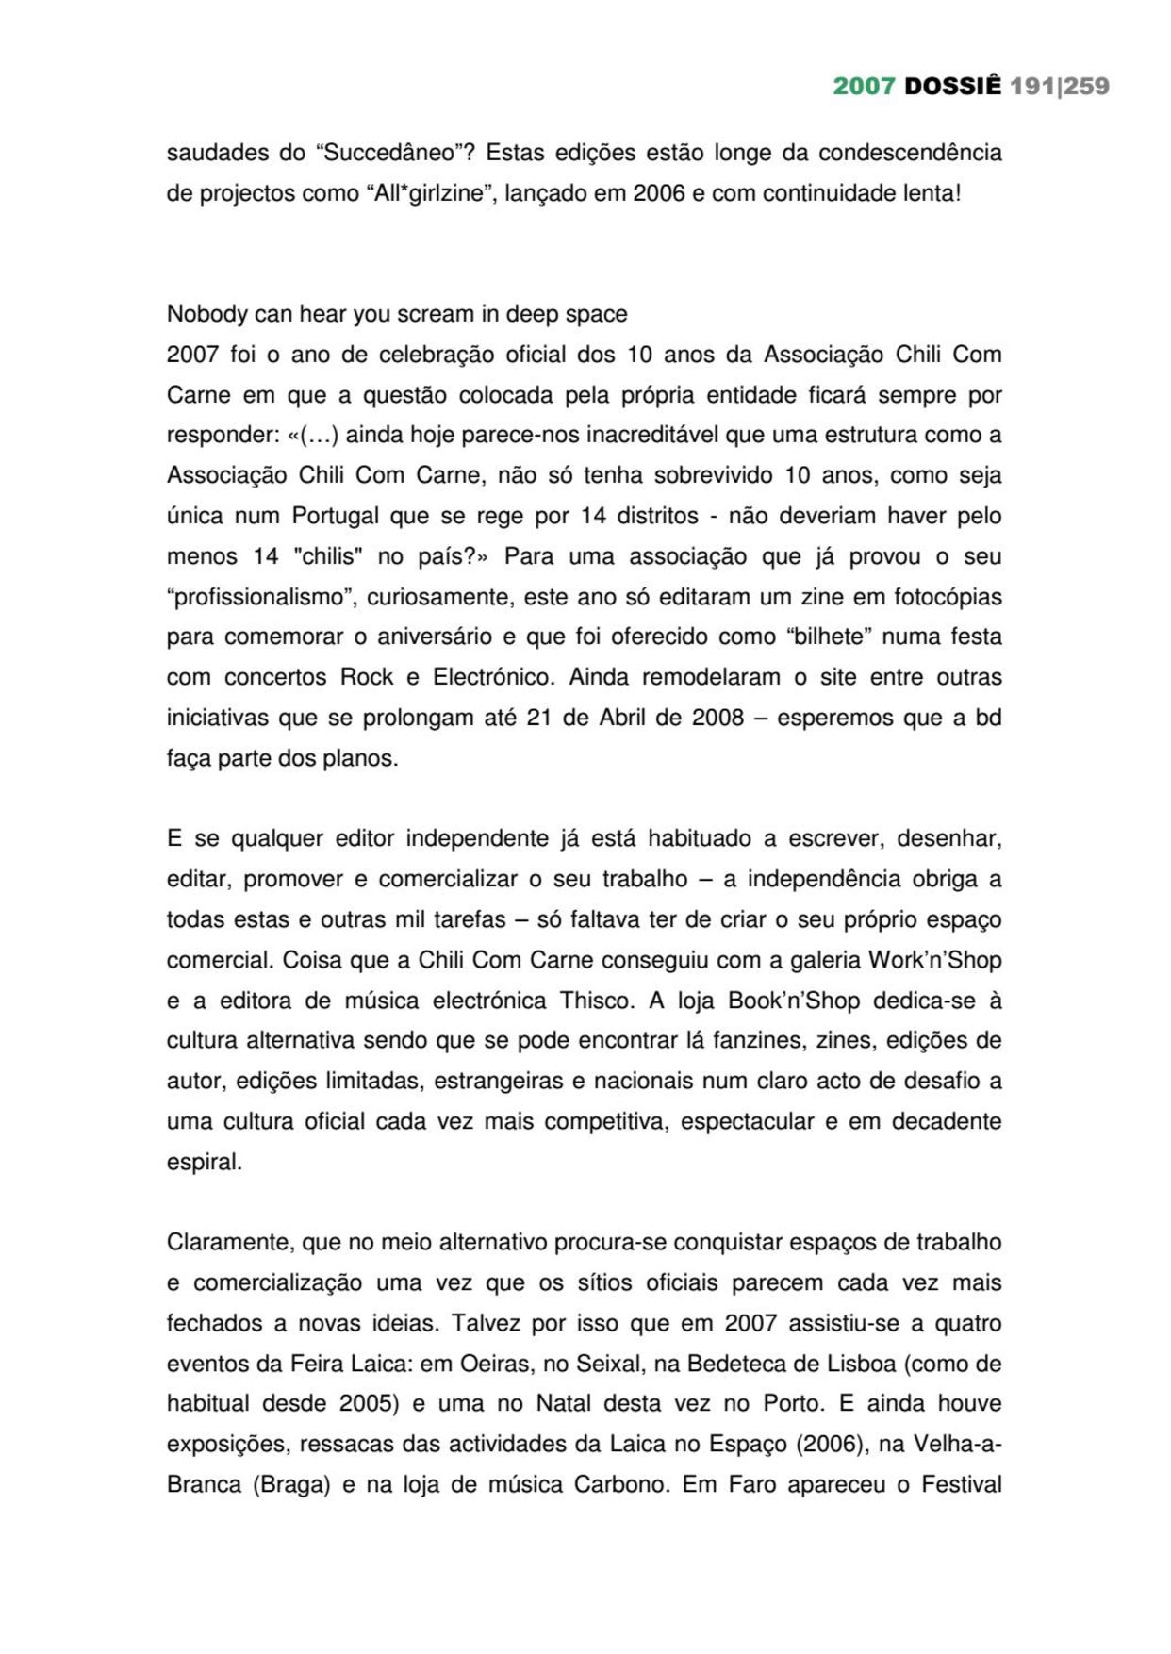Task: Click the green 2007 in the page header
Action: pos(863,86)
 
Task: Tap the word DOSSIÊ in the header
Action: pos(952,86)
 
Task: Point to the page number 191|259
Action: pos(1059,86)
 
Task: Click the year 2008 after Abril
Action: pos(717,718)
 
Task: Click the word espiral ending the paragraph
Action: pos(203,1162)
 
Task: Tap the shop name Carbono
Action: pos(621,1484)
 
